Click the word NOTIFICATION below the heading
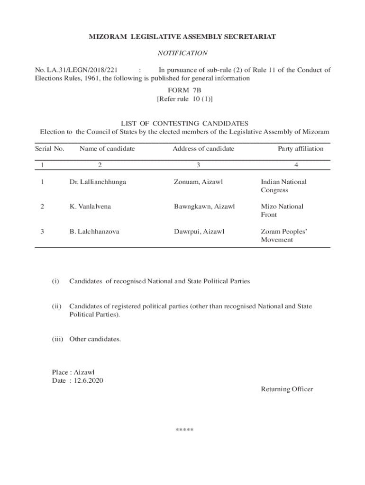(182, 54)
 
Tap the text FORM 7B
(182, 90)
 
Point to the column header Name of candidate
(107, 149)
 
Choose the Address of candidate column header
(203, 149)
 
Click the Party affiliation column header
(301, 149)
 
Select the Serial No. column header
(50, 149)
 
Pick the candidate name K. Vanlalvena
(91, 207)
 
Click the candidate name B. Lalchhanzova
(94, 232)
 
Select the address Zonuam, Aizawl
(199, 182)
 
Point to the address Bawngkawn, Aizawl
(204, 207)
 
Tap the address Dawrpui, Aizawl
(199, 232)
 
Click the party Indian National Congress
(283, 186)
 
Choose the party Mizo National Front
(282, 211)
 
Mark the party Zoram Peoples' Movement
(284, 236)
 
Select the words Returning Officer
(287, 389)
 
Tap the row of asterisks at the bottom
(184, 430)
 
